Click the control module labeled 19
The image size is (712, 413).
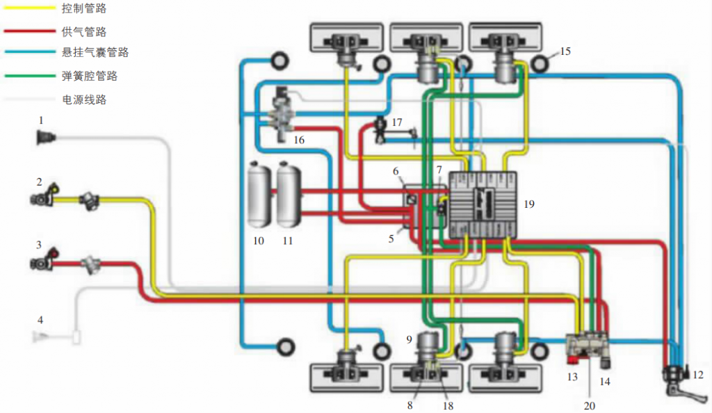click(483, 204)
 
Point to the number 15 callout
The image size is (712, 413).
click(565, 51)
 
